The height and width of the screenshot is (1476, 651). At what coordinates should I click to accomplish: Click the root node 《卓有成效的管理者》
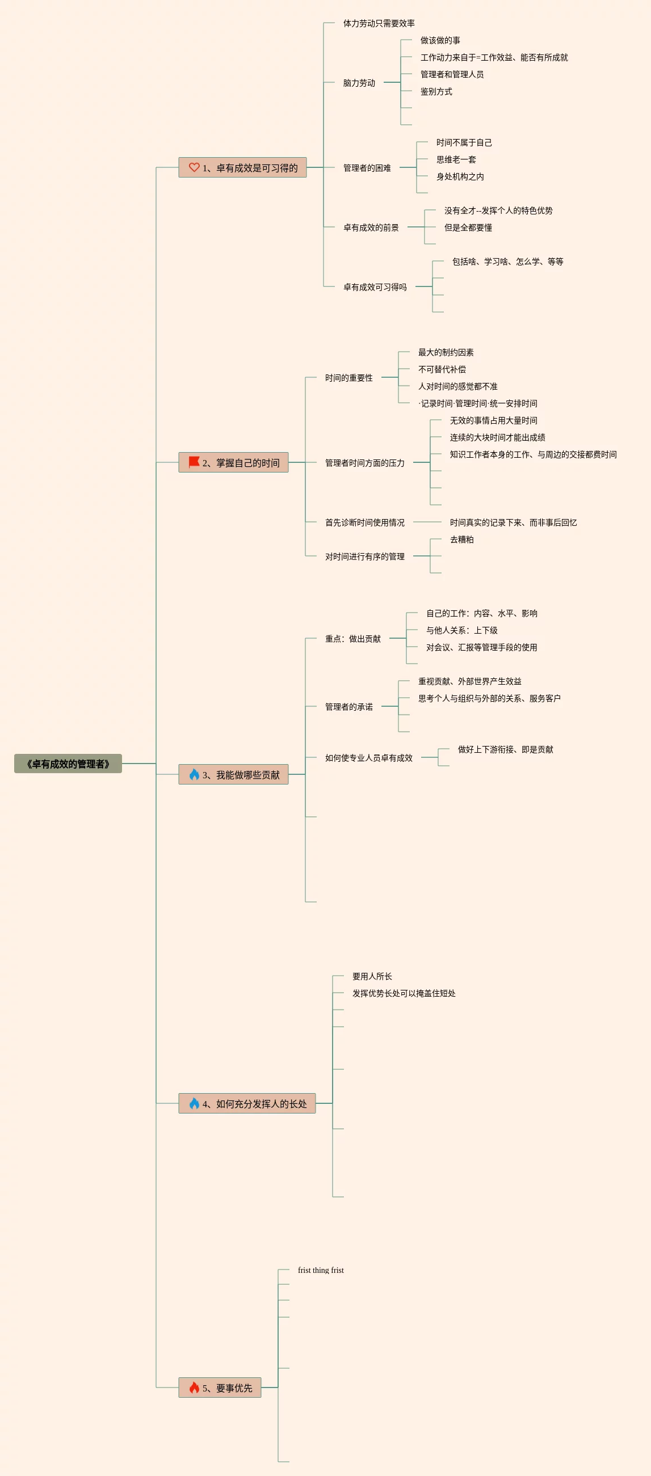pos(68,764)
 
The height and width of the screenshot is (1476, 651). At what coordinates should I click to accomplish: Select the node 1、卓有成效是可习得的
pos(242,168)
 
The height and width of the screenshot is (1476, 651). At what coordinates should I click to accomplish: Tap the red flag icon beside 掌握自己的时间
pos(194,462)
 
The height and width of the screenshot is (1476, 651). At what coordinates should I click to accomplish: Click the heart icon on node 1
pos(194,167)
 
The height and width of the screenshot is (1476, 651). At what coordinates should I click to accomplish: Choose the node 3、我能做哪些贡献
pos(234,775)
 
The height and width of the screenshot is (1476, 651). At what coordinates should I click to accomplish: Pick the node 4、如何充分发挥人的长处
pos(247,1103)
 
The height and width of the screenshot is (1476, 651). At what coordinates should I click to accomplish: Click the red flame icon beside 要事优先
pos(194,1387)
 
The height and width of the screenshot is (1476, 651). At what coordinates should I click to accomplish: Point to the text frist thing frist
pos(320,1270)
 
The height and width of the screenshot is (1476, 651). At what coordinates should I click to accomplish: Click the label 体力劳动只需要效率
pos(379,23)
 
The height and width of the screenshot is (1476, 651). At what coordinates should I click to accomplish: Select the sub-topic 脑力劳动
pos(359,83)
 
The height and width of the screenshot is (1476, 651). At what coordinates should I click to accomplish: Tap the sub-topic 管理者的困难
pos(367,168)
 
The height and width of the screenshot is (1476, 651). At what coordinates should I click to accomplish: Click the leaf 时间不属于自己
pos(464,143)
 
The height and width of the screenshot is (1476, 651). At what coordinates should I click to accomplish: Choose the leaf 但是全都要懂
pos(468,227)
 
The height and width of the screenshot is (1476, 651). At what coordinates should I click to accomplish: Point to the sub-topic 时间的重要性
pos(348,378)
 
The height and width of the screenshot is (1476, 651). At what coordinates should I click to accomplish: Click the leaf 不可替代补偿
pos(441,370)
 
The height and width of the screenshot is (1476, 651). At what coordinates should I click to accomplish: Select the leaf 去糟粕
pos(461,540)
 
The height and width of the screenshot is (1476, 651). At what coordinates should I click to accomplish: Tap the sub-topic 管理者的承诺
pos(348,706)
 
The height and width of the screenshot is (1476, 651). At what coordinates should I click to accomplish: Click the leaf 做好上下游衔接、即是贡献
pos(505,749)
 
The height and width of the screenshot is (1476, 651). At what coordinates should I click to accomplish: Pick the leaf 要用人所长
pos(372,976)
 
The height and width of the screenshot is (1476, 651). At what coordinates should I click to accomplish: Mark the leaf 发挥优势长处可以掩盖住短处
pos(404,994)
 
